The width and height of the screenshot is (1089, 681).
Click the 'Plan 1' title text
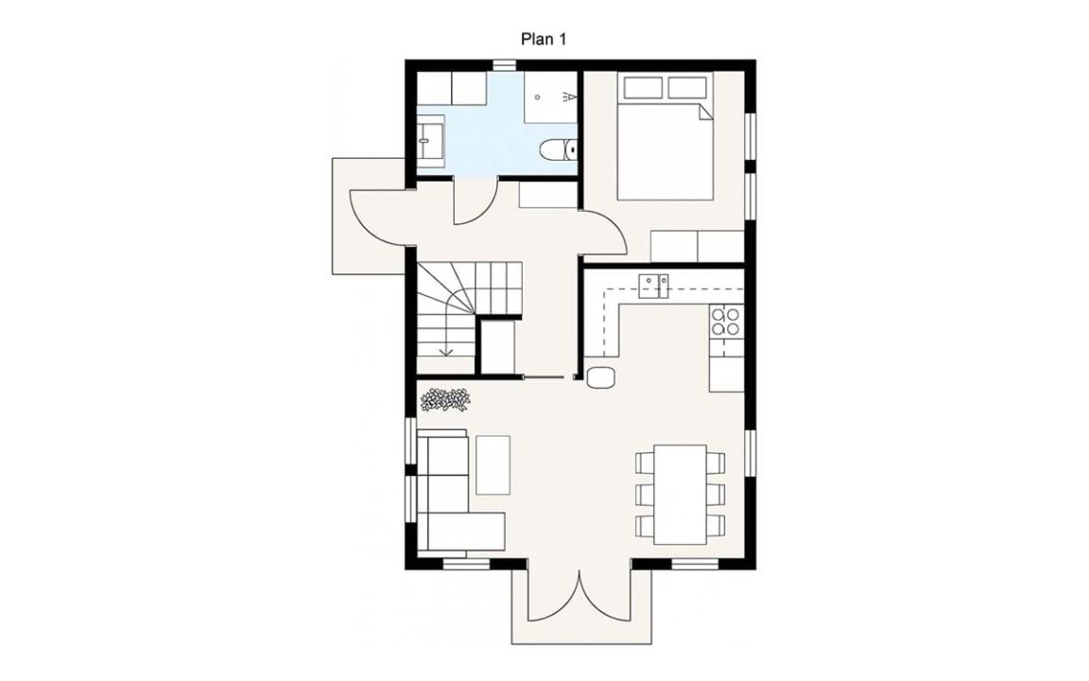[544, 39]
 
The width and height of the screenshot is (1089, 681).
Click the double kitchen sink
[653, 286]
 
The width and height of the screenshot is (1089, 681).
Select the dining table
[681, 495]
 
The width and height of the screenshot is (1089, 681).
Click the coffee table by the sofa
[493, 465]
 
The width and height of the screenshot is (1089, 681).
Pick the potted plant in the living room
[444, 400]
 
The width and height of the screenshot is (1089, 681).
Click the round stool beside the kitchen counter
[600, 376]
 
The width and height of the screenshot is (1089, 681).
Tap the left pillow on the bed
[643, 88]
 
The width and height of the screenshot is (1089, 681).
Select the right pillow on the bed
[687, 88]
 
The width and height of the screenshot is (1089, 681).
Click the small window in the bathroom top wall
[503, 64]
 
